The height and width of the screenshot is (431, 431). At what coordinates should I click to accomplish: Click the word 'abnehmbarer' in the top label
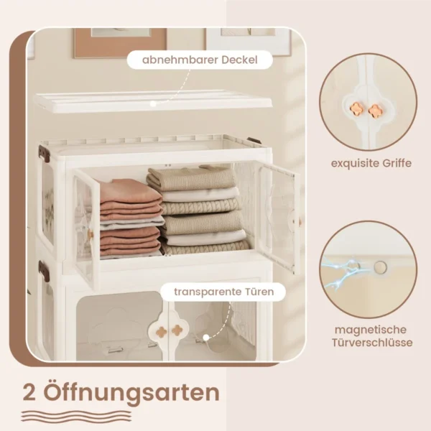[180, 60]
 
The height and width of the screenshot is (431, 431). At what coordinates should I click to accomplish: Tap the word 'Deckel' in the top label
[239, 60]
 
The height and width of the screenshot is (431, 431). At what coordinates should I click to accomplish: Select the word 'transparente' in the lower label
[205, 292]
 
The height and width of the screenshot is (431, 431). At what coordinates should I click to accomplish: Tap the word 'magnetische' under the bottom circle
[371, 330]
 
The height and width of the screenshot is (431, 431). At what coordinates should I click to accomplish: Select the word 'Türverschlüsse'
[372, 343]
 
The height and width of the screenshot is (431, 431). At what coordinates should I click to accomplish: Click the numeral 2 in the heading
[29, 394]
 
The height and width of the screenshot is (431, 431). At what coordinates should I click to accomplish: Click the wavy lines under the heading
[76, 416]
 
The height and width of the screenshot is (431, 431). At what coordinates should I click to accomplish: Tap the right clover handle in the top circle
[375, 111]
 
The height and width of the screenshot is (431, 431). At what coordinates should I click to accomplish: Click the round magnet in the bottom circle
[381, 267]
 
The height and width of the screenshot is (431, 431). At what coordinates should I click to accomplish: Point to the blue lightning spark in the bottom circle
[340, 270]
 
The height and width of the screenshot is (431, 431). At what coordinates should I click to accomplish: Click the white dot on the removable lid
[154, 103]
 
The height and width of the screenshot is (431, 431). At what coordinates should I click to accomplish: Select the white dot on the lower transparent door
[206, 338]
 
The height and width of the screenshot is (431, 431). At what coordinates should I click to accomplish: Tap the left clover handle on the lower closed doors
[162, 331]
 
